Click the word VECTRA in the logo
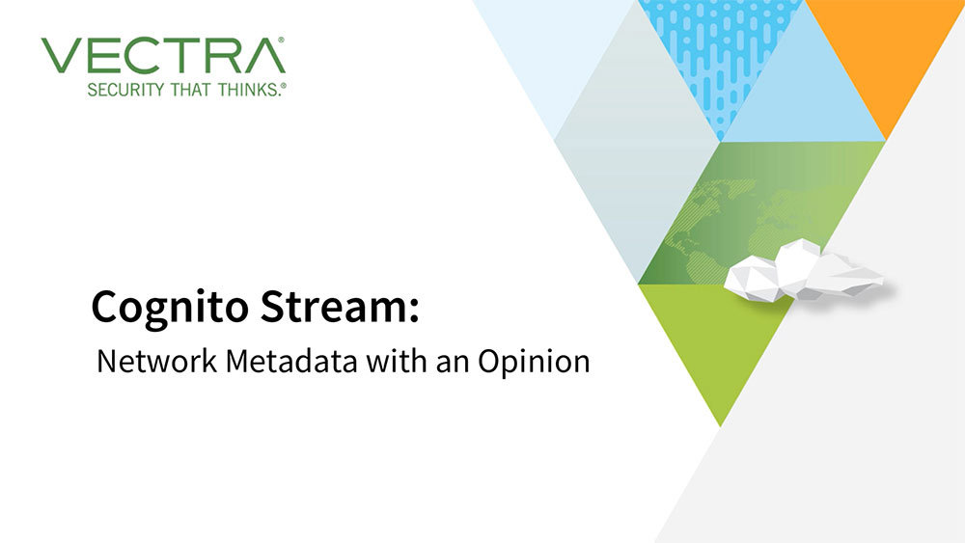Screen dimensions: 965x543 click(x=163, y=55)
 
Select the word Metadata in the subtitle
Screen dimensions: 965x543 click(x=291, y=361)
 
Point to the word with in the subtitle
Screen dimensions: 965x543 click(x=397, y=361)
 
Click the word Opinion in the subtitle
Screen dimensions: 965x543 click(x=534, y=363)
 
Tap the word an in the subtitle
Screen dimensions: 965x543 click(x=453, y=364)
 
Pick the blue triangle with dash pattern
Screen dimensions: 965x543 click(x=720, y=52)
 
